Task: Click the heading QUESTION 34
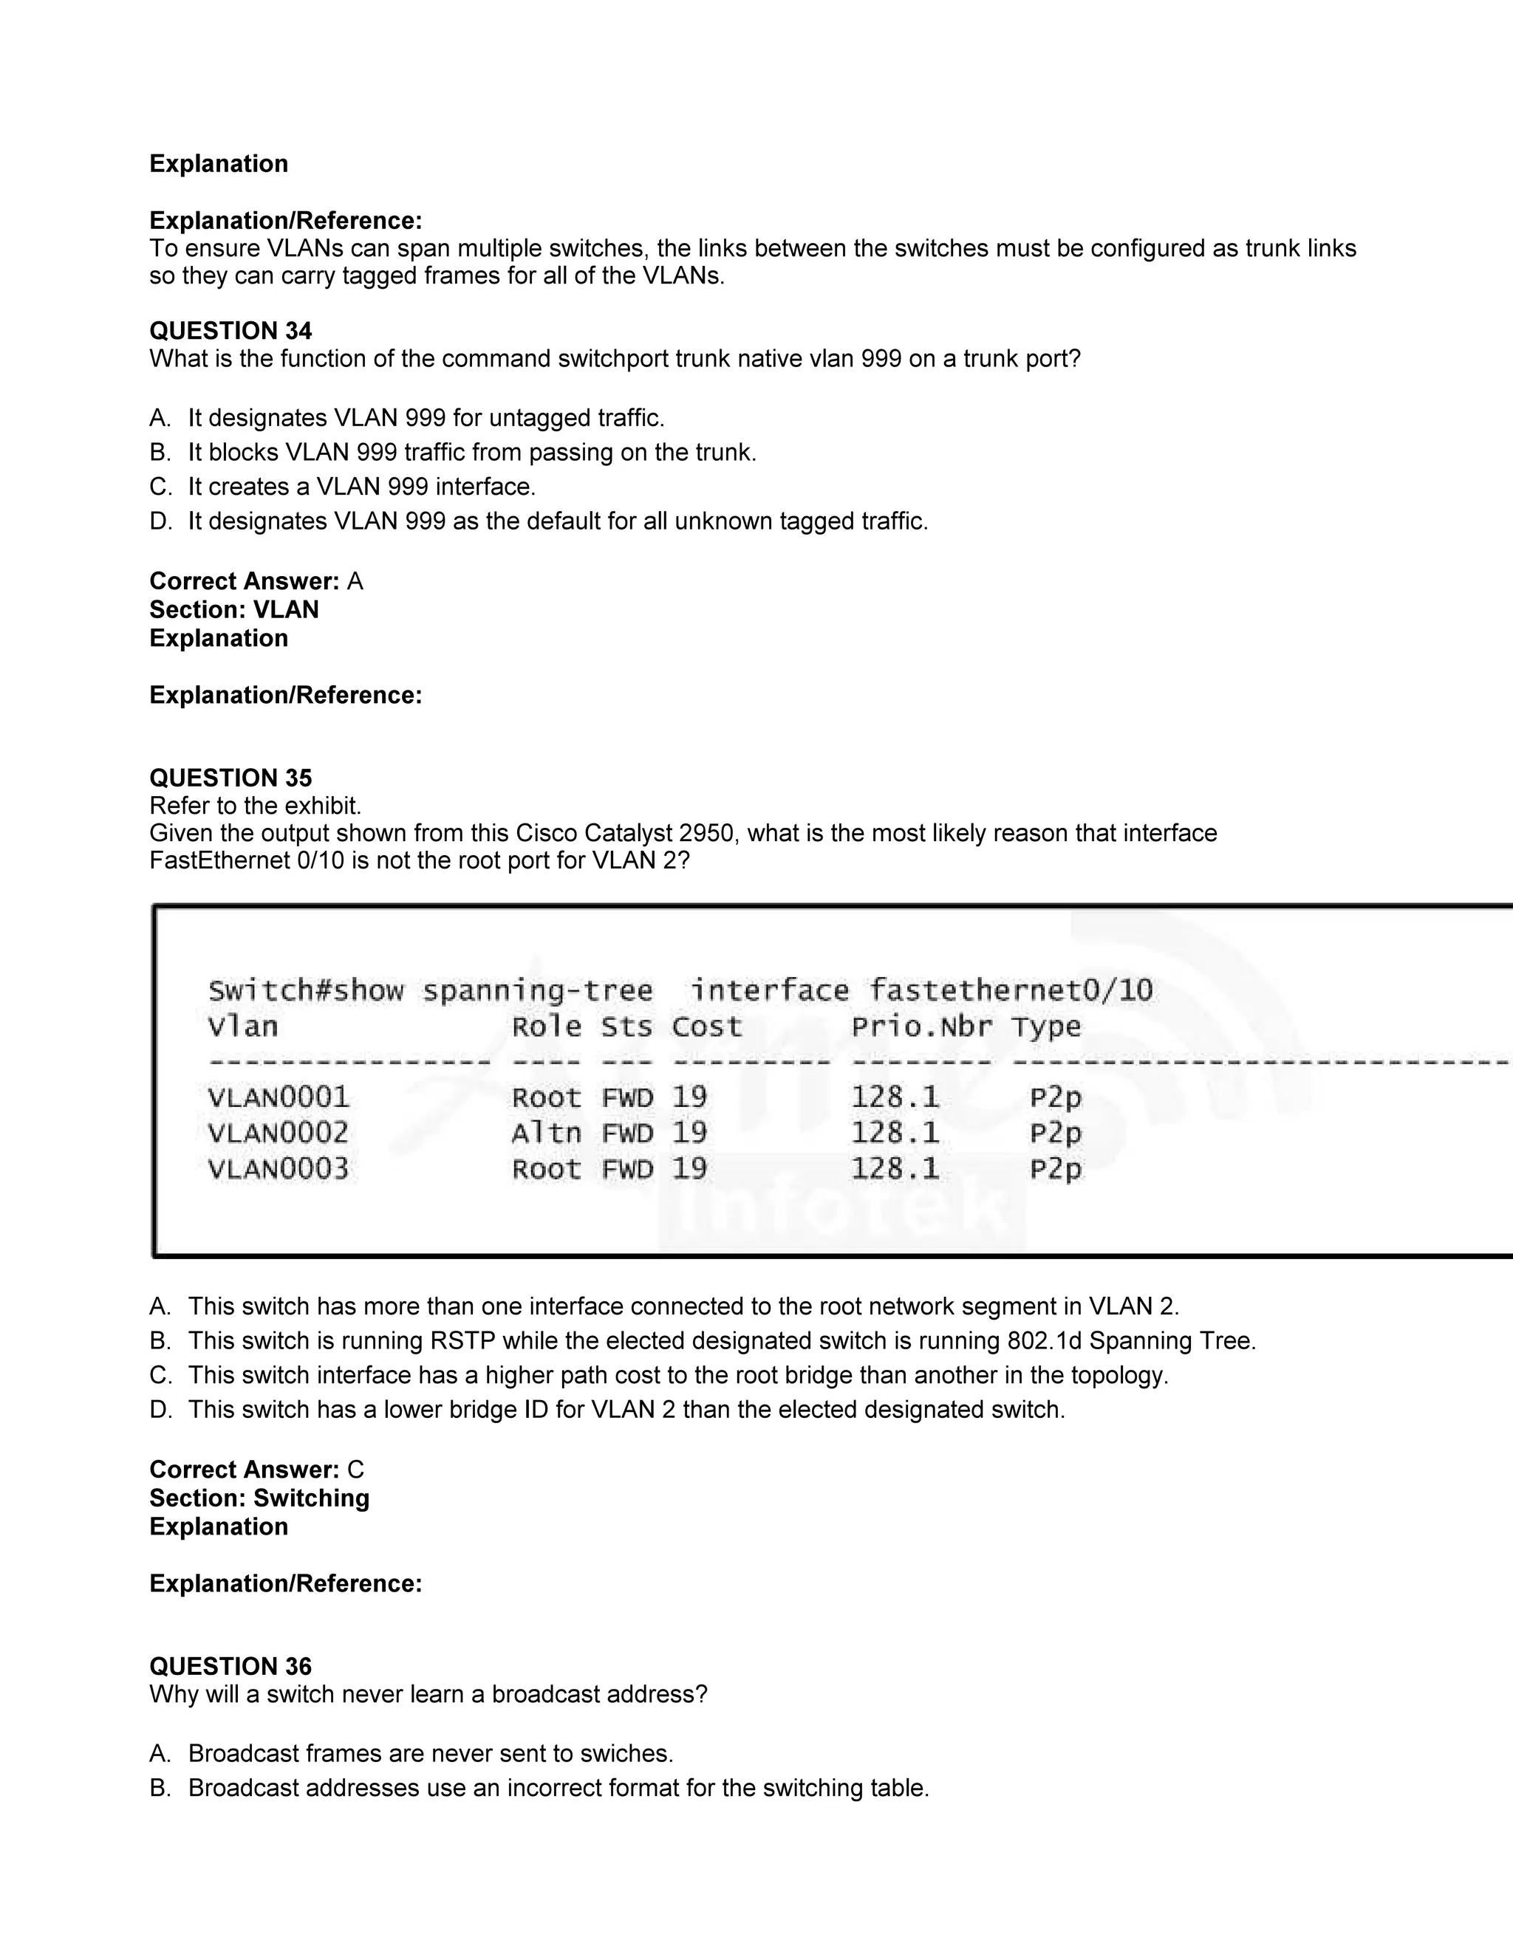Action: pyautogui.click(x=230, y=331)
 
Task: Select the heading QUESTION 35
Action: pyautogui.click(x=230, y=778)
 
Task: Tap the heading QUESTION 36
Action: pyautogui.click(x=230, y=1666)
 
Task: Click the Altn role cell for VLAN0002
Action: pyautogui.click(x=546, y=1133)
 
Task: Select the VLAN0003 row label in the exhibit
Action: pyautogui.click(x=278, y=1168)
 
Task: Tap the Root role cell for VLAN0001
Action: pyautogui.click(x=546, y=1097)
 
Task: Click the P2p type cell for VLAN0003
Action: pyautogui.click(x=1055, y=1168)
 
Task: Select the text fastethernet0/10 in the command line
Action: pyautogui.click(x=1010, y=990)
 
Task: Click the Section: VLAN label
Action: pyautogui.click(x=234, y=609)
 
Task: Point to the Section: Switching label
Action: pyautogui.click(x=259, y=1498)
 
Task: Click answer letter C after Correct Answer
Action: pyautogui.click(x=355, y=1470)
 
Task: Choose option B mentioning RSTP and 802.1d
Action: pyautogui.click(x=722, y=1340)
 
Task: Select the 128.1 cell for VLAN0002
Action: pyautogui.click(x=895, y=1133)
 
